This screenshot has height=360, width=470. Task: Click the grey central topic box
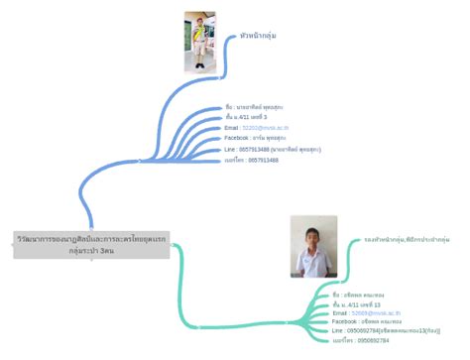[78, 245]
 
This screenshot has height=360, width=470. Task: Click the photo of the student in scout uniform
[199, 41]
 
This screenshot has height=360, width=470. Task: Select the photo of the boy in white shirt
[312, 248]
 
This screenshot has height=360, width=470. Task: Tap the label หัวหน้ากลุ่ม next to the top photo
[258, 36]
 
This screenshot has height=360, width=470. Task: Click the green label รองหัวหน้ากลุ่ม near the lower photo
[407, 240]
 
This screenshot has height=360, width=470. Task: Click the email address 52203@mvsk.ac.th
[266, 128]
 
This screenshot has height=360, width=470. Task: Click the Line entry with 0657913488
[273, 149]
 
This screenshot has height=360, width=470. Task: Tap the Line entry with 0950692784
[386, 331]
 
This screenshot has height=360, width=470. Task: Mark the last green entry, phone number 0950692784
[360, 341]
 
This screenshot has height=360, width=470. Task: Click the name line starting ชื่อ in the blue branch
[255, 106]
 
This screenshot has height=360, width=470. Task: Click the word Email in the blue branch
[232, 128]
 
